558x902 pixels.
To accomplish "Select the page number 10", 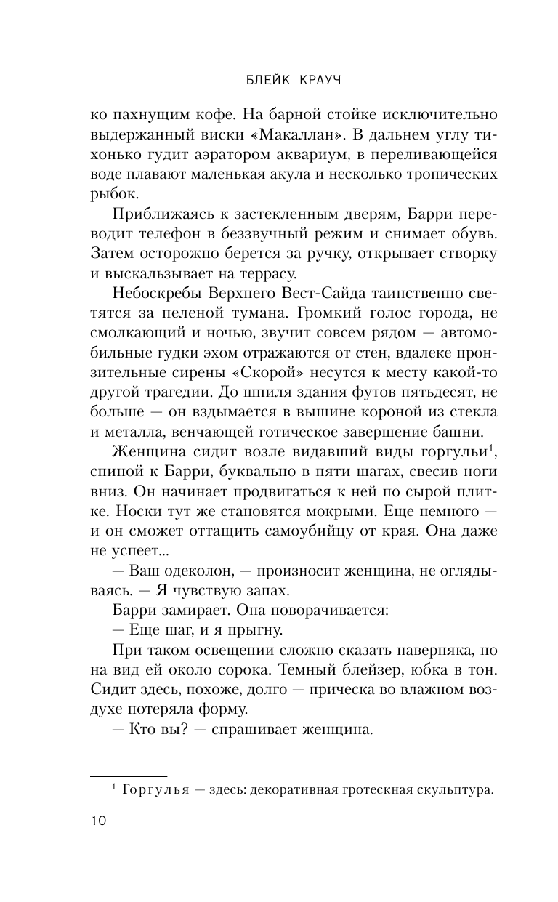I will coord(97,821).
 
